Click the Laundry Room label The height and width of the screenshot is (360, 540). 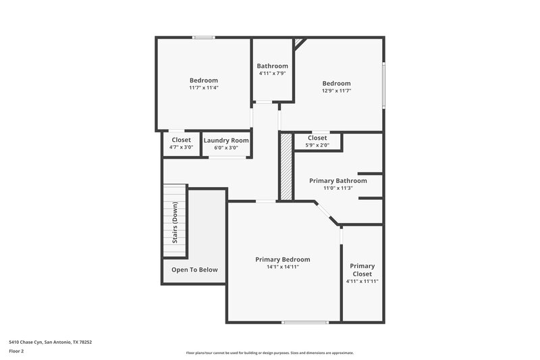tap(226, 140)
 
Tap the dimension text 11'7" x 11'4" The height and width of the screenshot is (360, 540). tap(203, 88)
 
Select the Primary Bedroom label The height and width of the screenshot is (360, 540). tap(282, 259)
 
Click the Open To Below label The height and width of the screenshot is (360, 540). tap(194, 269)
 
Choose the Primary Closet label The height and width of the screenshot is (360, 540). tap(362, 269)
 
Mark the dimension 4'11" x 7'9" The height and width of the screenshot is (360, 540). tap(272, 73)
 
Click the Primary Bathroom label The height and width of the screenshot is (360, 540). tap(337, 181)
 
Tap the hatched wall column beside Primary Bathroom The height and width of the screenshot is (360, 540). tap(286, 166)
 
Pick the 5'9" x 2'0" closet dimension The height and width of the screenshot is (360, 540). tap(317, 145)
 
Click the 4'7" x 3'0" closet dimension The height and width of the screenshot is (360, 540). tap(181, 147)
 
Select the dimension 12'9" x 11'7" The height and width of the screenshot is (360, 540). tap(336, 91)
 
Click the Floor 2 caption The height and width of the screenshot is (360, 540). tap(17, 351)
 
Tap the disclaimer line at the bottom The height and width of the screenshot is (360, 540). tap(270, 353)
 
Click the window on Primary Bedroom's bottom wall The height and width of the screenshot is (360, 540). tap(300, 322)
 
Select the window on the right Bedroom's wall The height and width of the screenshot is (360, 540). tap(383, 84)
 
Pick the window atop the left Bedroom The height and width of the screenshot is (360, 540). tap(203, 37)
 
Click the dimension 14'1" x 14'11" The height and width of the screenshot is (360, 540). tap(282, 267)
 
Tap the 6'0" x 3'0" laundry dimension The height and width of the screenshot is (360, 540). tap(226, 147)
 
